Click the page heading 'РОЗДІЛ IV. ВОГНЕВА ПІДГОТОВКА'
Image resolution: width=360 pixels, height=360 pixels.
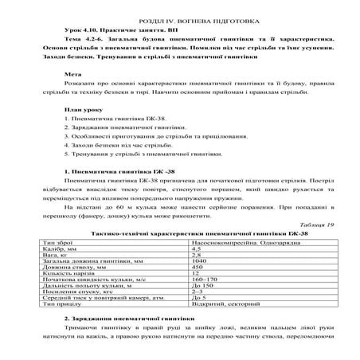(x=179, y=15)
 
